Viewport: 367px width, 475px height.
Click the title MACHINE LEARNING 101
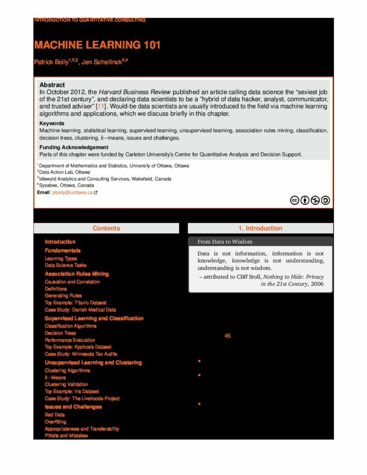pyautogui.click(x=97, y=45)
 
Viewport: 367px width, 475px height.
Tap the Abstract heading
pyautogui.click(x=52, y=85)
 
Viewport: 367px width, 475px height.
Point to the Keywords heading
pyautogui.click(x=52, y=123)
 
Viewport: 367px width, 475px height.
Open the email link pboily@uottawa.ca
pyautogui.click(x=72, y=192)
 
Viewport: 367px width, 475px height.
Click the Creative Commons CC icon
pyautogui.click(x=294, y=200)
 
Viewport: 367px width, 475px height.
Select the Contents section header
pyautogui.click(x=106, y=228)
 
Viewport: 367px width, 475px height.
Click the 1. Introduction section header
pyautogui.click(x=260, y=228)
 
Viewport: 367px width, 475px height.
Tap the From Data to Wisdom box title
pyautogui.click(x=225, y=242)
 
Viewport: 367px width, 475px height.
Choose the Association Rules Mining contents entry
pyautogui.click(x=77, y=274)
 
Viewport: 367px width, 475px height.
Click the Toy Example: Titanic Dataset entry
pyautogui.click(x=75, y=302)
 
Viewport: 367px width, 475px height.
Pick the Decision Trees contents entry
pyautogui.click(x=60, y=333)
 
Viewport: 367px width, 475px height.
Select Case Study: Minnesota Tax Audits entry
pyautogui.click(x=81, y=354)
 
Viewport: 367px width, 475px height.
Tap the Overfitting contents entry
pyautogui.click(x=55, y=422)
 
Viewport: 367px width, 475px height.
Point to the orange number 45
pyautogui.click(x=227, y=336)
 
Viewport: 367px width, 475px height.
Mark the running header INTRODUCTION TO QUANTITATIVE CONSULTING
pyautogui.click(x=90, y=20)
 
